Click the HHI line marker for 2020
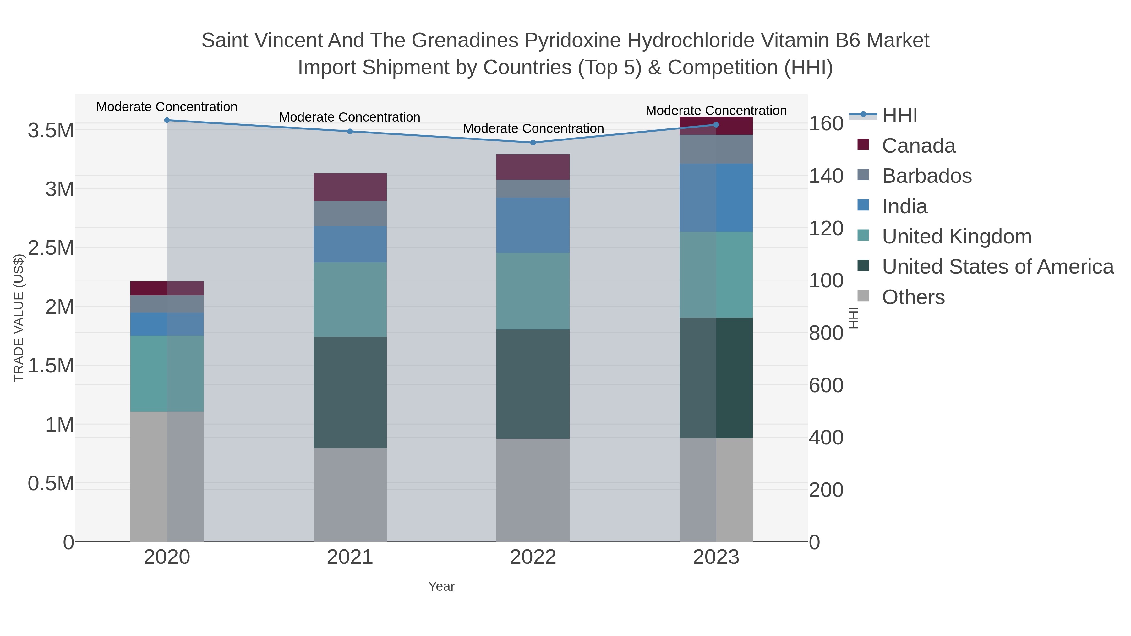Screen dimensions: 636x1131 167,120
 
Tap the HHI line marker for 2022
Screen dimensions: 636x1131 533,143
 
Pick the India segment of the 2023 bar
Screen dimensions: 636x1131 716,198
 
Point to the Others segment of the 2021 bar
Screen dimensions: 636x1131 350,495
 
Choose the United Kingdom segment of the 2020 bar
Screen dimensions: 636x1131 167,373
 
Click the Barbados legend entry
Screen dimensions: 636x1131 926,176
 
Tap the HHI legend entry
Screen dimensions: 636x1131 899,116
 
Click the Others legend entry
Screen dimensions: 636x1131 913,297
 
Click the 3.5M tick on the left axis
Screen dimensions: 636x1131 51,131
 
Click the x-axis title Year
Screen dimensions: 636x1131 441,586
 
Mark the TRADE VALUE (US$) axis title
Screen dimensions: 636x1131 19,318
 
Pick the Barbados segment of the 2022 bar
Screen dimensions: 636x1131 533,188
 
